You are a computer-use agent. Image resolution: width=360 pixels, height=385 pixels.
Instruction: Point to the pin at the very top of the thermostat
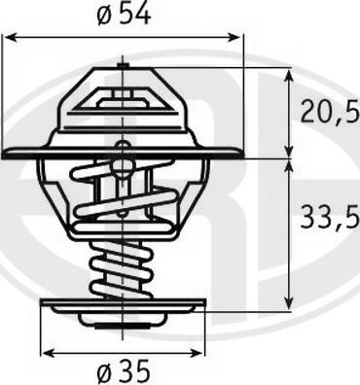(122, 64)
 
